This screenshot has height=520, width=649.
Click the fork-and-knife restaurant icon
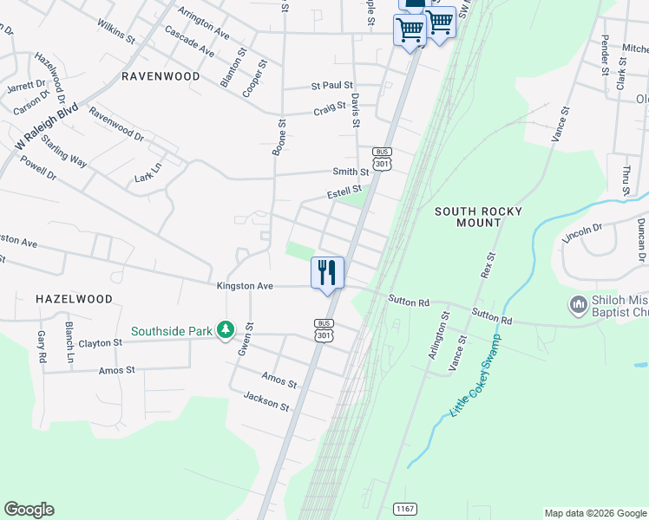tap(327, 273)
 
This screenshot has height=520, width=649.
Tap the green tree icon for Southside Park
tap(226, 330)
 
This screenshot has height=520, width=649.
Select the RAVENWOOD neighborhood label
tap(161, 76)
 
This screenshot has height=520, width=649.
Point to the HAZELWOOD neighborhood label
tap(75, 299)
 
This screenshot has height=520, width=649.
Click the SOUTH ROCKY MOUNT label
tap(468, 217)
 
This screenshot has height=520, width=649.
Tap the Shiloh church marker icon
tap(578, 305)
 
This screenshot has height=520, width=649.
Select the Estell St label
tap(344, 191)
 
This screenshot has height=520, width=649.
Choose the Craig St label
tap(330, 111)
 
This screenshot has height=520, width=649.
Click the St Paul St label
tap(332, 86)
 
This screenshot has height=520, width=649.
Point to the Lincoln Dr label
tap(582, 234)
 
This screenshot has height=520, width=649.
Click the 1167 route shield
tap(403, 508)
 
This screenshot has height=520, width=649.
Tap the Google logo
tap(29, 510)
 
